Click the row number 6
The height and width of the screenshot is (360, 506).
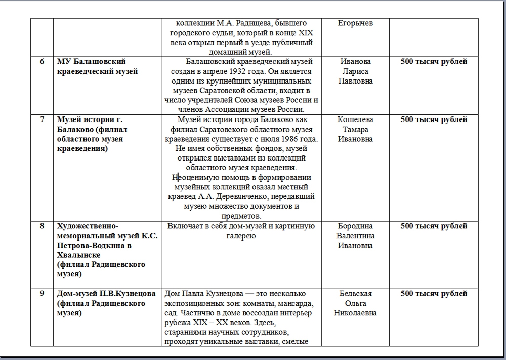click(41, 62)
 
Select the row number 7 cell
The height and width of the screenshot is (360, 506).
click(41, 120)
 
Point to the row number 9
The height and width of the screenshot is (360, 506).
click(41, 294)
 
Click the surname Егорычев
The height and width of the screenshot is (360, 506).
click(355, 23)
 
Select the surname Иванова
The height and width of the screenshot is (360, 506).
click(355, 62)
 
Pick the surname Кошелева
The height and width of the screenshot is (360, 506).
click(355, 120)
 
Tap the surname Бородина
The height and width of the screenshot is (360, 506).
click(355, 226)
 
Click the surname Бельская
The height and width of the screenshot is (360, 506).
click(355, 294)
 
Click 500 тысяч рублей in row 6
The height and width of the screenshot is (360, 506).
click(434, 62)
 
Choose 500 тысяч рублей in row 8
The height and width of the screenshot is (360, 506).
click(434, 226)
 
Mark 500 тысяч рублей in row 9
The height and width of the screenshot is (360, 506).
click(434, 294)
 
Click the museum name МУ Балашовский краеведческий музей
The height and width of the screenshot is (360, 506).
click(96, 66)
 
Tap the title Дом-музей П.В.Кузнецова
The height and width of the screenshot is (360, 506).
click(106, 294)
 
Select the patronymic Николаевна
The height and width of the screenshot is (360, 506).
click(355, 313)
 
